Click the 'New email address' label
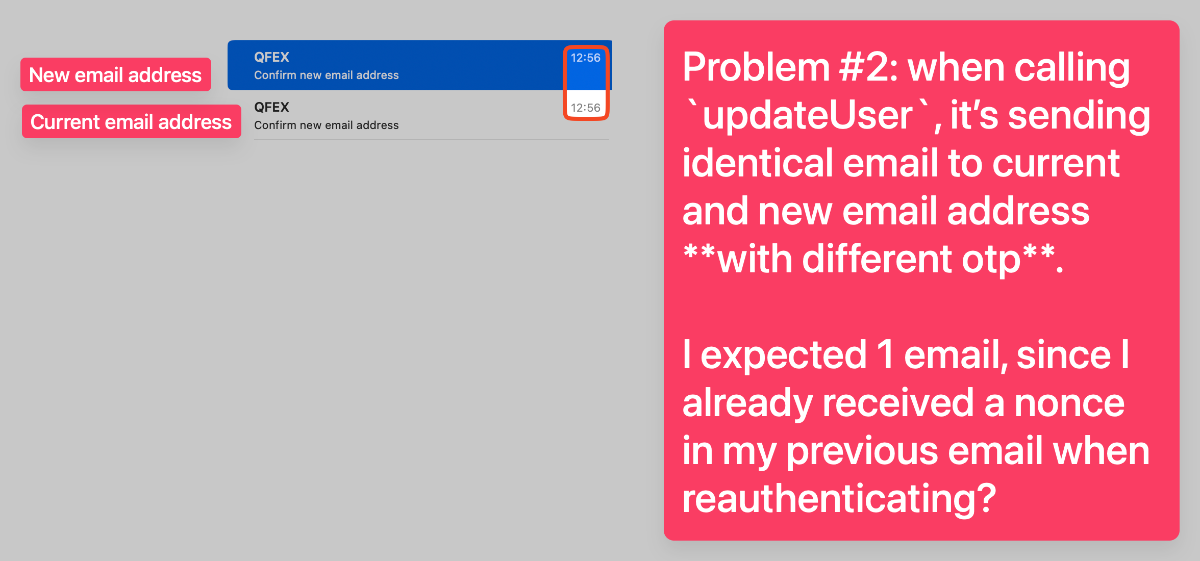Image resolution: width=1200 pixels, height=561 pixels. point(115,75)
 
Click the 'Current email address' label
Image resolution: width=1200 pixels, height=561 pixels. point(131,122)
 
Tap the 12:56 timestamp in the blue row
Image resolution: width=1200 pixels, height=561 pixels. point(585,58)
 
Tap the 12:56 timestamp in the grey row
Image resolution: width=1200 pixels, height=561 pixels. point(585,108)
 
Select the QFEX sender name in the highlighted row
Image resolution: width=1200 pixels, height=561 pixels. point(271,57)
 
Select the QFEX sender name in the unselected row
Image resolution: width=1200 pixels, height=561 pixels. point(271,107)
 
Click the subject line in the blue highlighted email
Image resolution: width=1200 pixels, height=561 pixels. point(327,75)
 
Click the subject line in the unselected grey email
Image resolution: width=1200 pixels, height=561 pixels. point(327,125)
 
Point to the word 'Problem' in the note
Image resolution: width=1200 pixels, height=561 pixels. point(756,67)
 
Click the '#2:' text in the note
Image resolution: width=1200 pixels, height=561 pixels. point(869,67)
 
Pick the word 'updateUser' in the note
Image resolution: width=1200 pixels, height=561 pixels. point(808,115)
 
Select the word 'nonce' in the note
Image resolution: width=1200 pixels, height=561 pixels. point(1069,403)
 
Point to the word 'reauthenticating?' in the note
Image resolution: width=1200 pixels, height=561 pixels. point(839,499)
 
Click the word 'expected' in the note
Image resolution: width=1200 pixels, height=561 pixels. point(784,355)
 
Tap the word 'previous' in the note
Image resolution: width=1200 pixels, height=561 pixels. point(862,452)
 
